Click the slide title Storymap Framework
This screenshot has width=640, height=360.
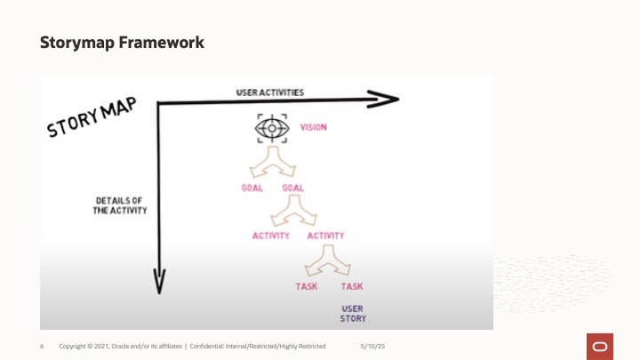[x=122, y=42]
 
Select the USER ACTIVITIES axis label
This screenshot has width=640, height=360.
[x=270, y=92]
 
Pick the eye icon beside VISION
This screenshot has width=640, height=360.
[x=271, y=129]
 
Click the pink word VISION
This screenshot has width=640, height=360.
[x=313, y=127]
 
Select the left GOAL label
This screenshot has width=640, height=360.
[x=252, y=188]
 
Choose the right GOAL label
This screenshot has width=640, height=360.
[x=292, y=188]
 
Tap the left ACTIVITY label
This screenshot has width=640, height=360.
[x=271, y=236]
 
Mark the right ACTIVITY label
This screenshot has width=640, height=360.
[x=325, y=236]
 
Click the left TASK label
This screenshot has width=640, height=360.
[x=307, y=286]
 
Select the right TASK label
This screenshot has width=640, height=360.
[x=352, y=286]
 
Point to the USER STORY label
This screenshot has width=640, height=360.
[x=353, y=313]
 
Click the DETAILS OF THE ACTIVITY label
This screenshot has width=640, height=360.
[x=120, y=205]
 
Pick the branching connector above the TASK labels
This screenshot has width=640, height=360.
[x=328, y=263]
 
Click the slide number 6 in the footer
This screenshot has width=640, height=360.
[x=43, y=345]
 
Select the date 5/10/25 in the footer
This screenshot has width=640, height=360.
[x=372, y=345]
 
